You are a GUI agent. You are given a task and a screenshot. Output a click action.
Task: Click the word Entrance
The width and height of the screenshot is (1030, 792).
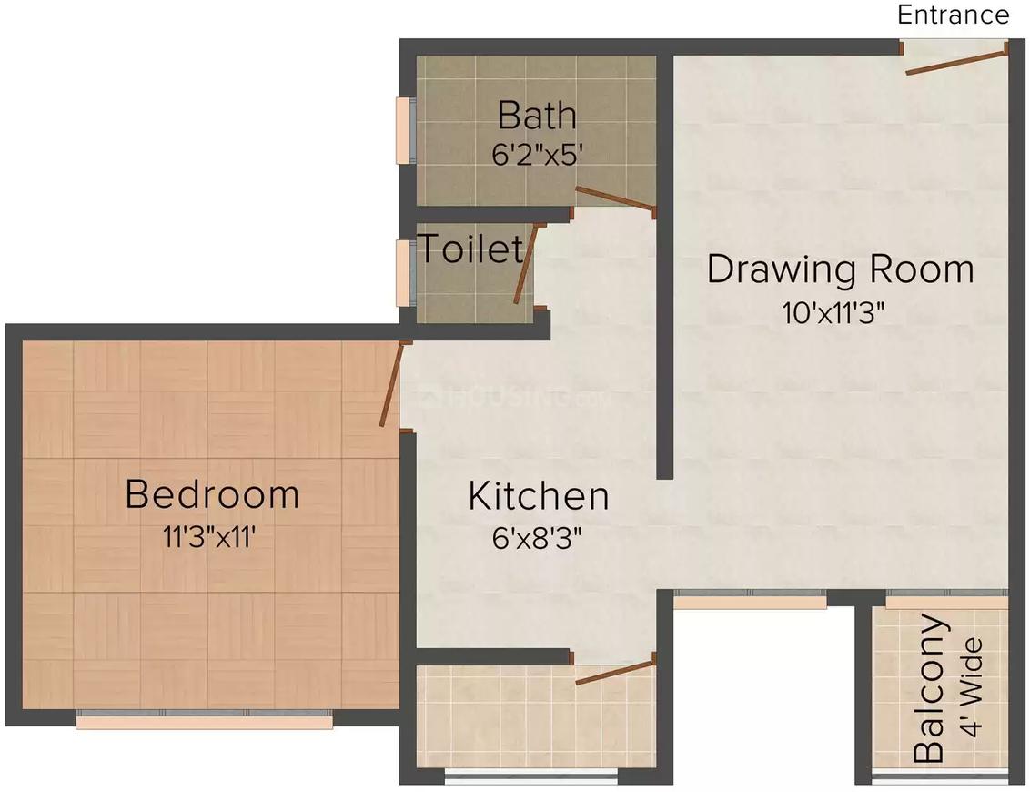coord(953,15)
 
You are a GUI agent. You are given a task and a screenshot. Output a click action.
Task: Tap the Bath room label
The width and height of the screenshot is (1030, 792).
coord(537,116)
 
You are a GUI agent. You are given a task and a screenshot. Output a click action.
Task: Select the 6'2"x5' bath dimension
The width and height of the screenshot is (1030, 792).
coord(536,152)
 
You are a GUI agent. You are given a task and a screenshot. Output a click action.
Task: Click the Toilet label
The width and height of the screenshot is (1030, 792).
coord(470,248)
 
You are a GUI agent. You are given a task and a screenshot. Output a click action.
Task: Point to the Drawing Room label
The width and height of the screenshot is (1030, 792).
coord(840,269)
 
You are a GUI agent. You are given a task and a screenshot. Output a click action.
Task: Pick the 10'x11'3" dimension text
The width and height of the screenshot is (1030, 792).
coord(833,312)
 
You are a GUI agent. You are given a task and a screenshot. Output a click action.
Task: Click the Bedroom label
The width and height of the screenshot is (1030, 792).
coord(212,494)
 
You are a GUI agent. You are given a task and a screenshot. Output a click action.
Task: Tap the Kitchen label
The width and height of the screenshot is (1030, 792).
coord(538,496)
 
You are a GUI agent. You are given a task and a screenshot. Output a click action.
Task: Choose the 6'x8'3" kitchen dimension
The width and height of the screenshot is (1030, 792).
coord(537,537)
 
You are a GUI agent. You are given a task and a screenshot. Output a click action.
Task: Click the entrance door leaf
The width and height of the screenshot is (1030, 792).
coord(955,59)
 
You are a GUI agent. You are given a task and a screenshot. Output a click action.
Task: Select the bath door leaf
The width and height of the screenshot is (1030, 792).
coord(615,199)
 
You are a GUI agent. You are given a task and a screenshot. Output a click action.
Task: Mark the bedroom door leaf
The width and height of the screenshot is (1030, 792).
coord(392,385)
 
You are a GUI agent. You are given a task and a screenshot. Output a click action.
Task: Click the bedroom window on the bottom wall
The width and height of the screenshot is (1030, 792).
coord(204,721)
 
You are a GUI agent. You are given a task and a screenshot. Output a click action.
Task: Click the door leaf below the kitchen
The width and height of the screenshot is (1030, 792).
coord(615,671)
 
